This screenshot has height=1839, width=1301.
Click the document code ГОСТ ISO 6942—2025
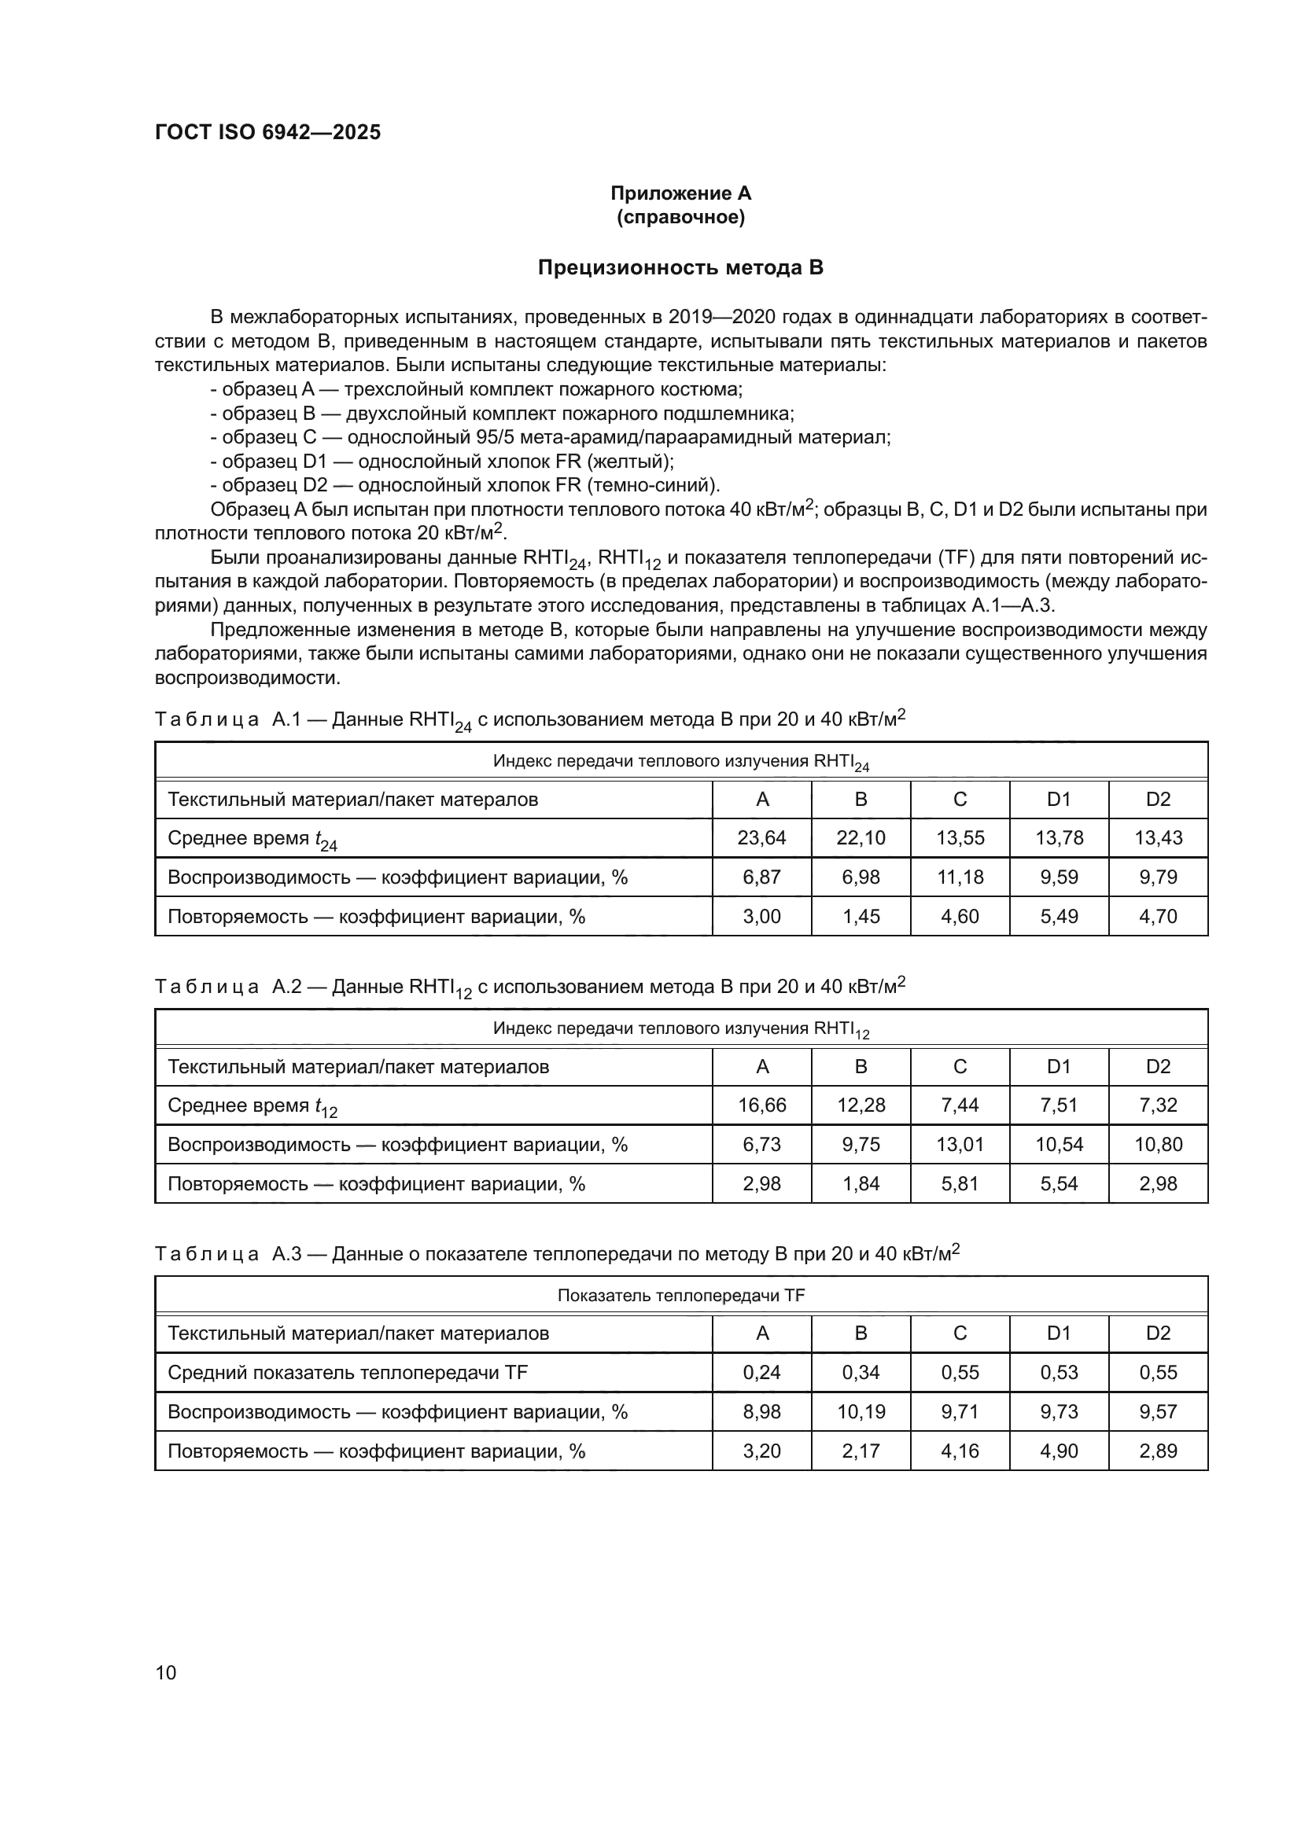(x=267, y=132)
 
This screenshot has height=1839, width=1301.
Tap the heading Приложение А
(x=680, y=193)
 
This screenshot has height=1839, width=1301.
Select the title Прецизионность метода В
(x=680, y=267)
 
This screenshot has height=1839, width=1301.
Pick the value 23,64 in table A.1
(x=761, y=838)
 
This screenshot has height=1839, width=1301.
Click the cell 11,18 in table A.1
(x=960, y=877)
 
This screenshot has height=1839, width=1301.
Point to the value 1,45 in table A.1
(x=861, y=916)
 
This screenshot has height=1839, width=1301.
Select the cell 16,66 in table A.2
(x=761, y=1105)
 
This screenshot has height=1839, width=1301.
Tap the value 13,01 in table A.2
(x=960, y=1145)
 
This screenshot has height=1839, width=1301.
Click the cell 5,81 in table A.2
(x=960, y=1184)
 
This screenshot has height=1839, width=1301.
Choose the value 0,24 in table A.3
(x=761, y=1372)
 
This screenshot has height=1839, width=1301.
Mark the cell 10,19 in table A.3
(x=861, y=1411)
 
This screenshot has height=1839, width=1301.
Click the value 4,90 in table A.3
(x=1059, y=1451)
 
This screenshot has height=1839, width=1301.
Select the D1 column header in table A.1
(x=1059, y=800)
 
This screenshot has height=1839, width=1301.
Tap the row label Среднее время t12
(x=252, y=1106)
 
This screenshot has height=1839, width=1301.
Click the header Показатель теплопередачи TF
(x=680, y=1295)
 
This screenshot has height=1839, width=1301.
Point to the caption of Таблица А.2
(x=529, y=987)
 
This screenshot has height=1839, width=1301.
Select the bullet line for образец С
(x=550, y=437)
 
